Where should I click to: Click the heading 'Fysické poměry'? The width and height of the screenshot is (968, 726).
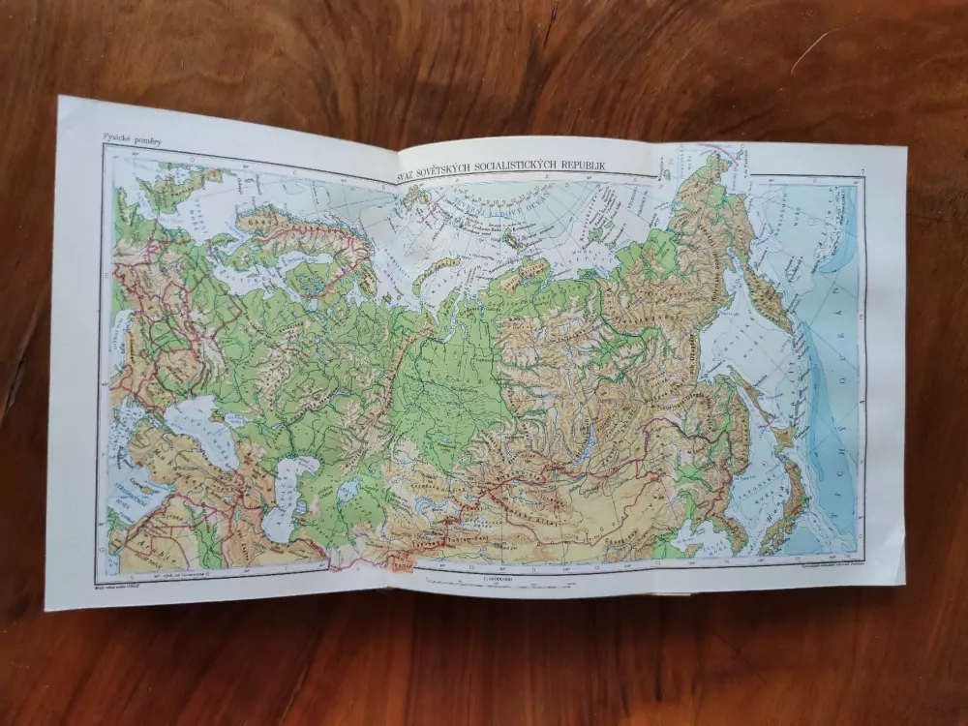[x=130, y=140]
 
